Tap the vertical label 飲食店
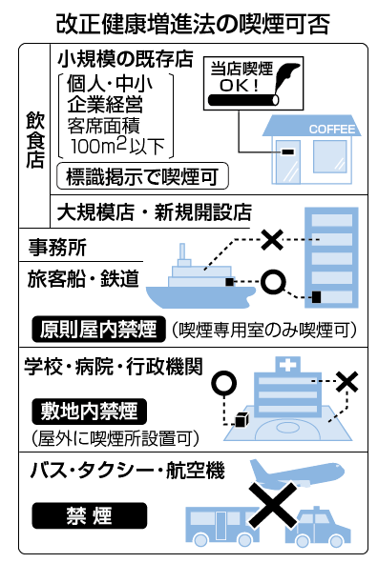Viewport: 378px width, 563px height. coord(35,139)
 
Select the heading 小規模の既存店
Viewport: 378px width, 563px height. coord(125,59)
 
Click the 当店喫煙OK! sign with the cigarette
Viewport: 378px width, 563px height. coord(253,83)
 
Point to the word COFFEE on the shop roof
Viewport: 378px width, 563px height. coord(332,130)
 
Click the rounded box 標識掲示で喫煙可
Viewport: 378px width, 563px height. coord(142,176)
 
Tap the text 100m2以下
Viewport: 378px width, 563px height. coord(117,146)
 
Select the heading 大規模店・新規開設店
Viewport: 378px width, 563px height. coord(155,212)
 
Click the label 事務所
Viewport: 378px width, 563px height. coord(57,248)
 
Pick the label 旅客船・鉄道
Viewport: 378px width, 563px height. coord(83,278)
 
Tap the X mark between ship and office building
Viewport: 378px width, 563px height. coord(272,239)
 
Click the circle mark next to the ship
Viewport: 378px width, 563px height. coord(273,282)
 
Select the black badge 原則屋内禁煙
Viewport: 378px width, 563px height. coord(98,329)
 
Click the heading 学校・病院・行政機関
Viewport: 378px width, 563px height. coord(114,367)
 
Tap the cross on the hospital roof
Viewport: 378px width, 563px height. coord(287,365)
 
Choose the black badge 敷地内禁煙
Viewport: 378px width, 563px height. coord(89,412)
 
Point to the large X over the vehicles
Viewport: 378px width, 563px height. coord(273,505)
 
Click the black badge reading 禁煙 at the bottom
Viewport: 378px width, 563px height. coord(90,515)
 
